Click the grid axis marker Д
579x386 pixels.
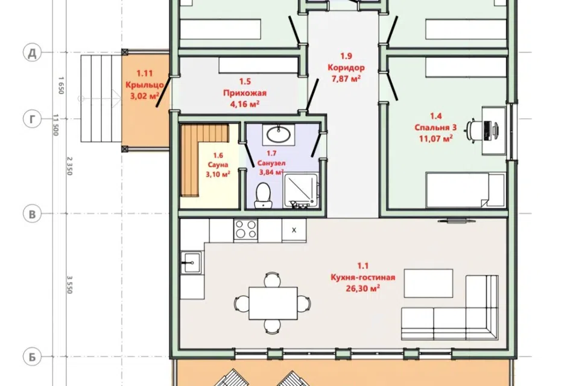pyautogui.click(x=32, y=53)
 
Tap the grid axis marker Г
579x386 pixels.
pyautogui.click(x=32, y=119)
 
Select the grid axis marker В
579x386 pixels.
pyautogui.click(x=32, y=214)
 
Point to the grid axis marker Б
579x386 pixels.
pyautogui.click(x=32, y=357)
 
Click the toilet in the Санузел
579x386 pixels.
pyautogui.click(x=263, y=195)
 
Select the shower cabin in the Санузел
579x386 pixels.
pyautogui.click(x=300, y=191)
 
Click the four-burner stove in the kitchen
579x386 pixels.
pyautogui.click(x=245, y=230)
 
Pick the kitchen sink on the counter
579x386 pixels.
pyautogui.click(x=192, y=262)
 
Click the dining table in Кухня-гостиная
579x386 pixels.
pyautogui.click(x=273, y=303)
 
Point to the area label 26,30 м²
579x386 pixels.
pyautogui.click(x=362, y=288)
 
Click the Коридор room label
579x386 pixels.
pyautogui.click(x=346, y=68)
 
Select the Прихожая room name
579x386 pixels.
pyautogui.click(x=244, y=93)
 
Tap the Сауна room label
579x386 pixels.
pyautogui.click(x=218, y=165)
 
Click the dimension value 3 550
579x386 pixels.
pyautogui.click(x=69, y=285)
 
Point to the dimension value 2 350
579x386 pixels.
pyautogui.click(x=69, y=166)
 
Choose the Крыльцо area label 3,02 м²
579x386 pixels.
pyautogui.click(x=144, y=96)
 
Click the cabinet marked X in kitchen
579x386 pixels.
pyautogui.click(x=294, y=230)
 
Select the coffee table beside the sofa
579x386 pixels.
pyautogui.click(x=428, y=283)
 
